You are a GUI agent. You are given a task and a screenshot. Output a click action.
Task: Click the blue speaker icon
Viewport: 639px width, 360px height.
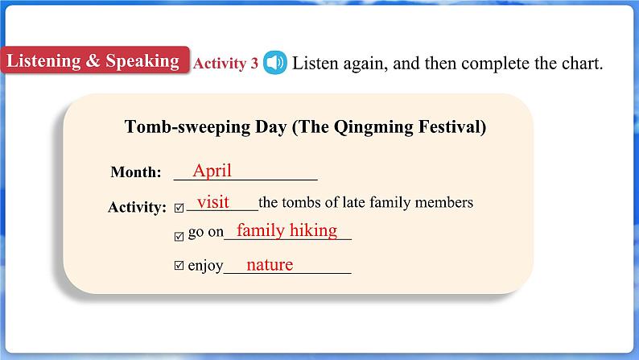[275, 62]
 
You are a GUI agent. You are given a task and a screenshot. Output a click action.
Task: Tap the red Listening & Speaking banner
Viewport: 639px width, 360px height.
[94, 60]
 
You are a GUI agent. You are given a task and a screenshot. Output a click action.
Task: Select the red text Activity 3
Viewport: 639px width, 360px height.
[226, 63]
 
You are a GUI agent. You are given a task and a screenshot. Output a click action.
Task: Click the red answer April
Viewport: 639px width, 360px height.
[212, 171]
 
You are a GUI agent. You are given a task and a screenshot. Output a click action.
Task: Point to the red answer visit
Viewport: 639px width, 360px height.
[212, 202]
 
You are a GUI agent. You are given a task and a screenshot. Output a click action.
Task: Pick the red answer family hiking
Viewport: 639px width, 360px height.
[287, 231]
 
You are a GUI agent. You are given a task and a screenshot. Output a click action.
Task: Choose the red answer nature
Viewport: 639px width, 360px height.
[270, 265]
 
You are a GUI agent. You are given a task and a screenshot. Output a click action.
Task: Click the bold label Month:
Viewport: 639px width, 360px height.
[136, 172]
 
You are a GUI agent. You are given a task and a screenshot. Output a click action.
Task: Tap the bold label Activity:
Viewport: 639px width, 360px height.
[138, 207]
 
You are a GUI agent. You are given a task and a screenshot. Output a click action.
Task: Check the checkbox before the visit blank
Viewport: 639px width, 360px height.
[179, 208]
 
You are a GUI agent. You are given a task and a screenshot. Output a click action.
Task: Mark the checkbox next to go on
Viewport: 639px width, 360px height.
[179, 237]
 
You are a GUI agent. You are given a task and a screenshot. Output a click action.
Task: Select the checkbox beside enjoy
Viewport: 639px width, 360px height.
[179, 266]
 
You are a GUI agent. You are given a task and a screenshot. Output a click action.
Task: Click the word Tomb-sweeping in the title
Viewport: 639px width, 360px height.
[188, 127]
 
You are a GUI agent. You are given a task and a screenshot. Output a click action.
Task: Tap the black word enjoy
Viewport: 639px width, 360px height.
[205, 266]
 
